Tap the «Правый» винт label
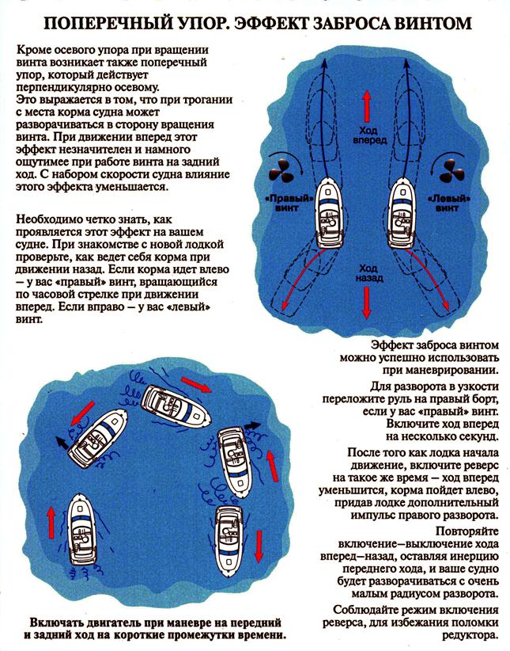(x=284, y=201)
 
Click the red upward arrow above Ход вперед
(x=366, y=105)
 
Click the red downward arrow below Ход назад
(x=366, y=302)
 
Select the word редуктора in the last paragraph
(x=469, y=635)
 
